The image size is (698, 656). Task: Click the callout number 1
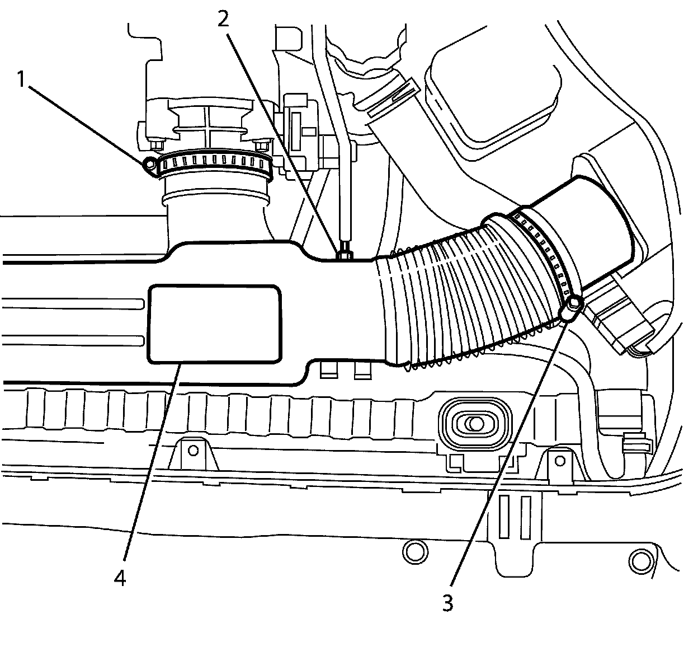click(x=21, y=80)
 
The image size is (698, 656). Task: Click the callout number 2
click(x=223, y=20)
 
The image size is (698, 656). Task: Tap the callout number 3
click(x=447, y=603)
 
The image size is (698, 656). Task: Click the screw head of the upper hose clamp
click(x=150, y=164)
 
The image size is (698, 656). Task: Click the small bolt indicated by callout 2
click(x=343, y=254)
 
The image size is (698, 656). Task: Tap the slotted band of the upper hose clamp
click(x=215, y=163)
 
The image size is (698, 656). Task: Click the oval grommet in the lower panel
click(x=474, y=424)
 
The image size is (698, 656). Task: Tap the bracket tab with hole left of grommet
click(x=194, y=451)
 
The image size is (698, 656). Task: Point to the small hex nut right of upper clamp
click(x=261, y=147)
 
